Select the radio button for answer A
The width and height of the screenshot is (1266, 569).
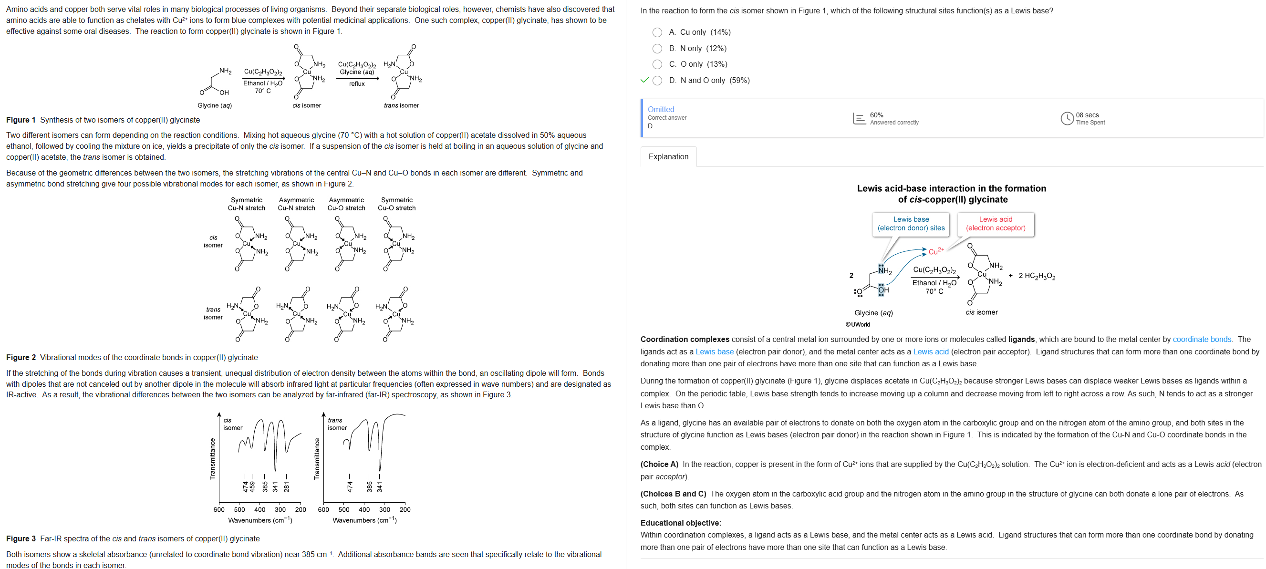(x=657, y=32)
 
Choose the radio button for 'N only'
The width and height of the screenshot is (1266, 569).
(x=657, y=49)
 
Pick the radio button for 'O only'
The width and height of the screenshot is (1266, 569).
(x=657, y=64)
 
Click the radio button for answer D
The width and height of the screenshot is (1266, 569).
(x=657, y=81)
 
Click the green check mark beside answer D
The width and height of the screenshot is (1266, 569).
(x=645, y=80)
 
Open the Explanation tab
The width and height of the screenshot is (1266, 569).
(x=668, y=157)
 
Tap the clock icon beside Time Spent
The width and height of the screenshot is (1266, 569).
(x=1067, y=118)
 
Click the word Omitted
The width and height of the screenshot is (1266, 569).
(x=661, y=110)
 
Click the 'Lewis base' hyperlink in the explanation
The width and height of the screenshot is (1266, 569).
(x=714, y=352)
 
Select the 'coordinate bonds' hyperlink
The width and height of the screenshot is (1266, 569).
(x=1202, y=340)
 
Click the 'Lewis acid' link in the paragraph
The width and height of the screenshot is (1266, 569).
(x=930, y=352)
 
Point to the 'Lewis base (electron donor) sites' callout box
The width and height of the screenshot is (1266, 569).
(x=911, y=224)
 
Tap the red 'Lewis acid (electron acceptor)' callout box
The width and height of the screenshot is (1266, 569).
(x=995, y=224)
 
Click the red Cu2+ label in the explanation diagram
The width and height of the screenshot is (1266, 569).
(x=936, y=251)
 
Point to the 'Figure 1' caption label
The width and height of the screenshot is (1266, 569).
(x=21, y=120)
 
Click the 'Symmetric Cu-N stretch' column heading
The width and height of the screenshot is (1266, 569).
(x=246, y=204)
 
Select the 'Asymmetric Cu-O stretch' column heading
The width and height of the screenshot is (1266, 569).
(x=346, y=204)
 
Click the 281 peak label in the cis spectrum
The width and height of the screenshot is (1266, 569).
(x=287, y=486)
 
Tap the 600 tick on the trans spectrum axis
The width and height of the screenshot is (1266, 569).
(x=323, y=509)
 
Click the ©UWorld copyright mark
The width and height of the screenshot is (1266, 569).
(x=858, y=324)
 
